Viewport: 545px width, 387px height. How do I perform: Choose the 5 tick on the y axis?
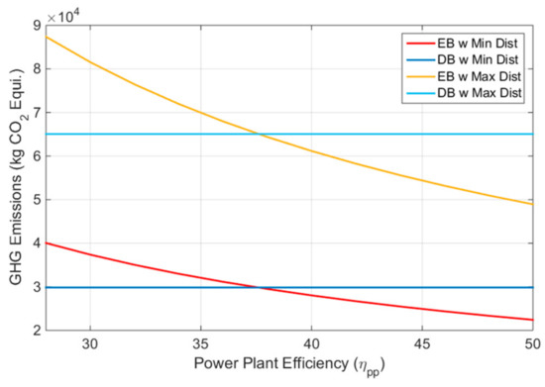click(36, 200)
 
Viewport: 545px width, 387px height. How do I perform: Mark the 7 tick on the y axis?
click(36, 113)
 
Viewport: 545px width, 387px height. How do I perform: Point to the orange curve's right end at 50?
click(533, 204)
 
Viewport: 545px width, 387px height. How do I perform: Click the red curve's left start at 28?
click(47, 242)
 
